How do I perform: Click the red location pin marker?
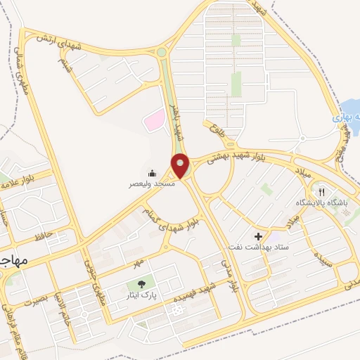pyautogui.click(x=181, y=166)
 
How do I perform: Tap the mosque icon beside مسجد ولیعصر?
pyautogui.click(x=152, y=173)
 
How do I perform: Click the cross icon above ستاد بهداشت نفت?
pyautogui.click(x=258, y=236)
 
